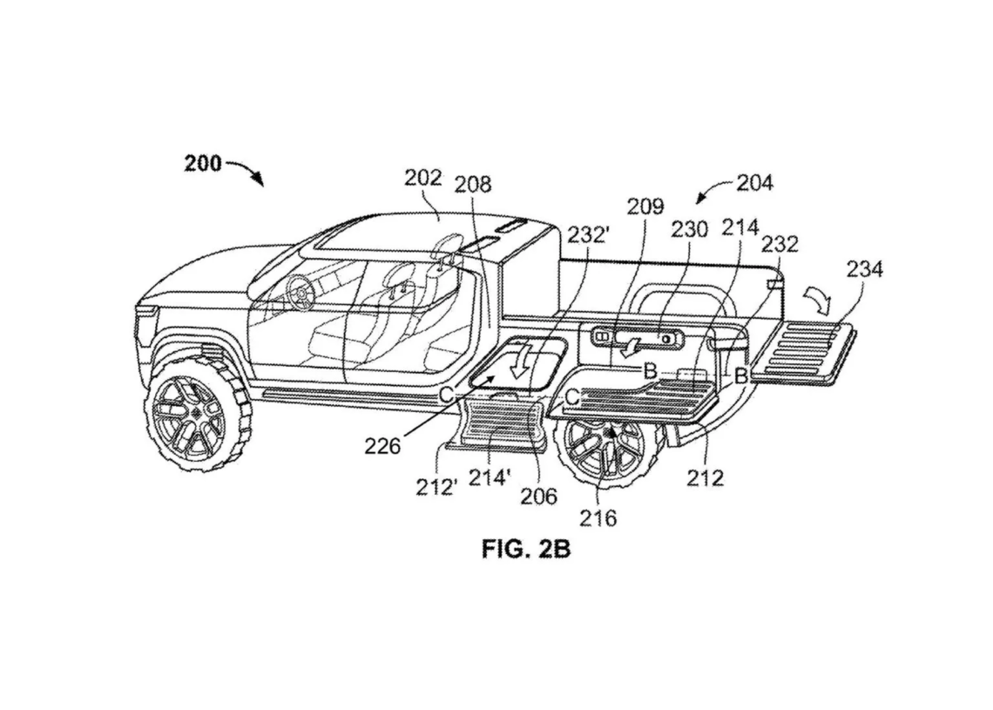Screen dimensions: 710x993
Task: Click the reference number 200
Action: pos(203,163)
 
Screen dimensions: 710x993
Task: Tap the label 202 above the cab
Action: pos(423,178)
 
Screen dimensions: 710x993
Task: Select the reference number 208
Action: pos(473,185)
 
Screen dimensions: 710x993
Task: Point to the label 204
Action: pos(754,183)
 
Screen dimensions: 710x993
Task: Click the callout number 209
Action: pos(645,207)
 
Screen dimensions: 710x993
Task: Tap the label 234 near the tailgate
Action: pos(863,269)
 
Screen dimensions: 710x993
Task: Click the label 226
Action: pos(383,447)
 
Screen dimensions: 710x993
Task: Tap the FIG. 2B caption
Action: pos(525,550)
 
